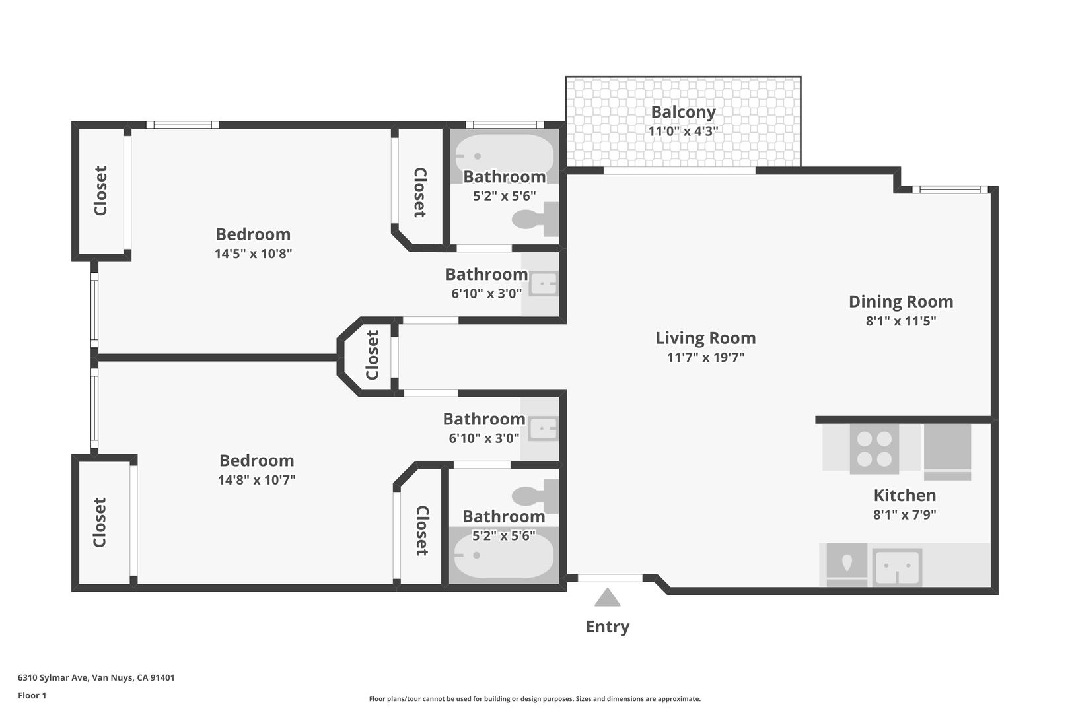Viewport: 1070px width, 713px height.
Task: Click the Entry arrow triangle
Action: coord(607,597)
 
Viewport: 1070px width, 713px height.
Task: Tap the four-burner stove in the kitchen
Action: coord(874,449)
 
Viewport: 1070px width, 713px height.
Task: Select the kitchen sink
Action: coord(897,567)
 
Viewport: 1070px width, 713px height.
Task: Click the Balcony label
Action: coord(683,112)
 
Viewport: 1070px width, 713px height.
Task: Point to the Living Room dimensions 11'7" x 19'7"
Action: coord(705,356)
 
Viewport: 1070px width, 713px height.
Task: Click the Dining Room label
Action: coord(901,301)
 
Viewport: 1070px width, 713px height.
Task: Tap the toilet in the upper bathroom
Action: coord(535,219)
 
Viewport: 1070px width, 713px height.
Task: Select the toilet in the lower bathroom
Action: coord(535,496)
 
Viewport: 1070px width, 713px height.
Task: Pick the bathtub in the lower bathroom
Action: coord(505,555)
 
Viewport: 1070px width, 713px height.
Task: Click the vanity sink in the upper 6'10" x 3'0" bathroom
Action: coord(544,284)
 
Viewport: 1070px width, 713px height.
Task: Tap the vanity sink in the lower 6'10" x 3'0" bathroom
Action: coord(544,429)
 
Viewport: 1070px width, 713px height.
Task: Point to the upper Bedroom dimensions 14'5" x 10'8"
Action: coord(253,253)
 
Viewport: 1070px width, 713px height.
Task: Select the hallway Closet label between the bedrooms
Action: coord(372,355)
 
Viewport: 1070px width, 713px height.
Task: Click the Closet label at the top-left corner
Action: coord(100,191)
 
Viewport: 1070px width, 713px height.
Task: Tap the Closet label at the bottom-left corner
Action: coord(99,522)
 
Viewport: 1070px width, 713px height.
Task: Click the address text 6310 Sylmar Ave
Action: coord(53,677)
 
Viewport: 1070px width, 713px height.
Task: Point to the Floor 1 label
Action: coord(32,695)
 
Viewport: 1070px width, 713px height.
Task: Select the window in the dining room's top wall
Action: coord(950,189)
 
